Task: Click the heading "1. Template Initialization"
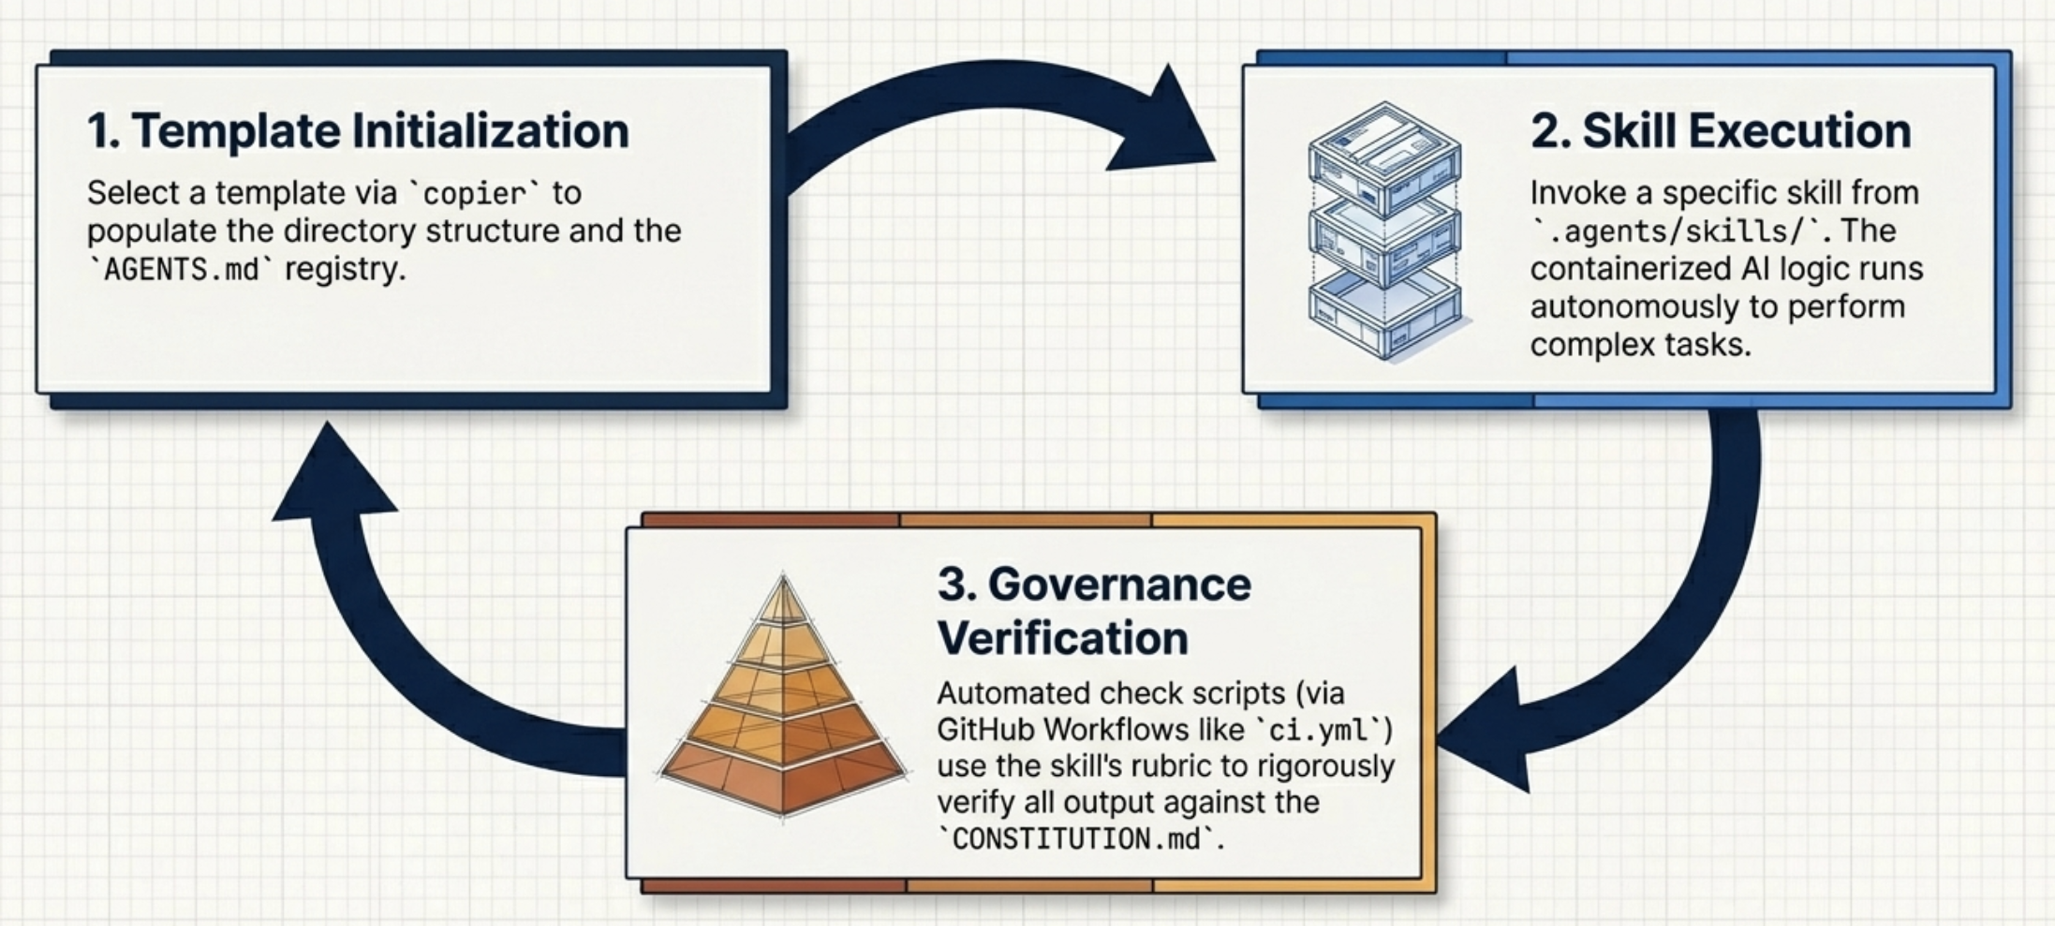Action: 358,130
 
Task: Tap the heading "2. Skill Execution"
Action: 1721,131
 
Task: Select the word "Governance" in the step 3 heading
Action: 1119,585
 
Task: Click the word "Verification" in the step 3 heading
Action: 1063,638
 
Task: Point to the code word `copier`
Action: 476,193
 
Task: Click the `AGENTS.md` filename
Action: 181,269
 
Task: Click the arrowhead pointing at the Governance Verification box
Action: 1485,730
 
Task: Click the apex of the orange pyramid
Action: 783,575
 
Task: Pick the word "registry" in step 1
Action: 345,270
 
